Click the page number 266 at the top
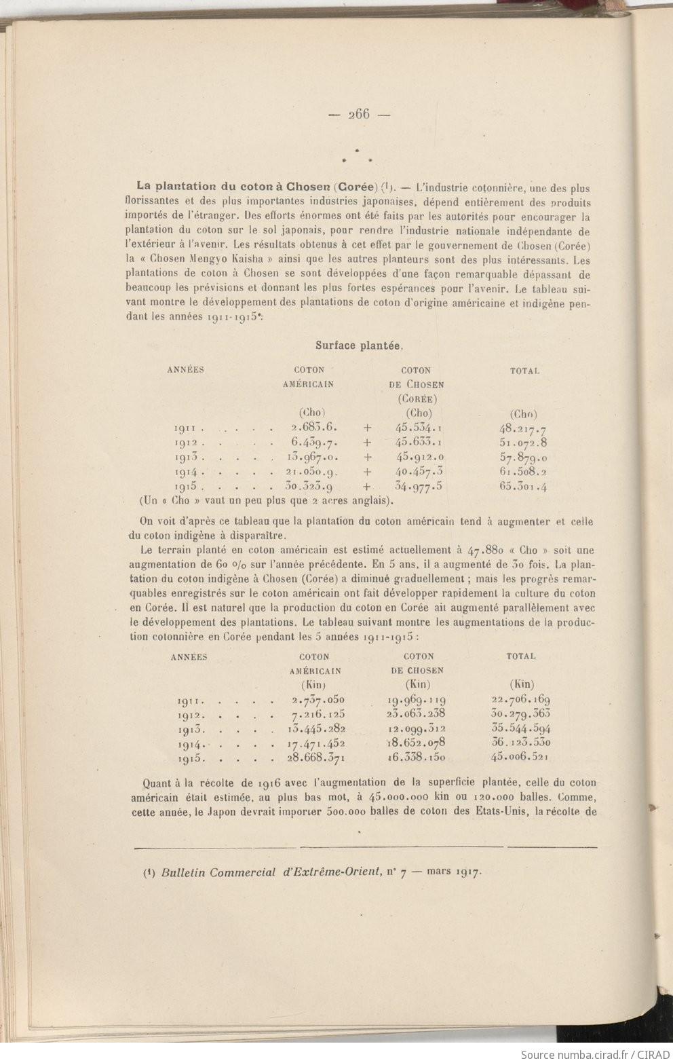coord(358,114)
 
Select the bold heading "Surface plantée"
coord(359,345)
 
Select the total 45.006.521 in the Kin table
coord(520,758)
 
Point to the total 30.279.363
coord(520,714)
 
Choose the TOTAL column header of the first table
coord(524,371)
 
